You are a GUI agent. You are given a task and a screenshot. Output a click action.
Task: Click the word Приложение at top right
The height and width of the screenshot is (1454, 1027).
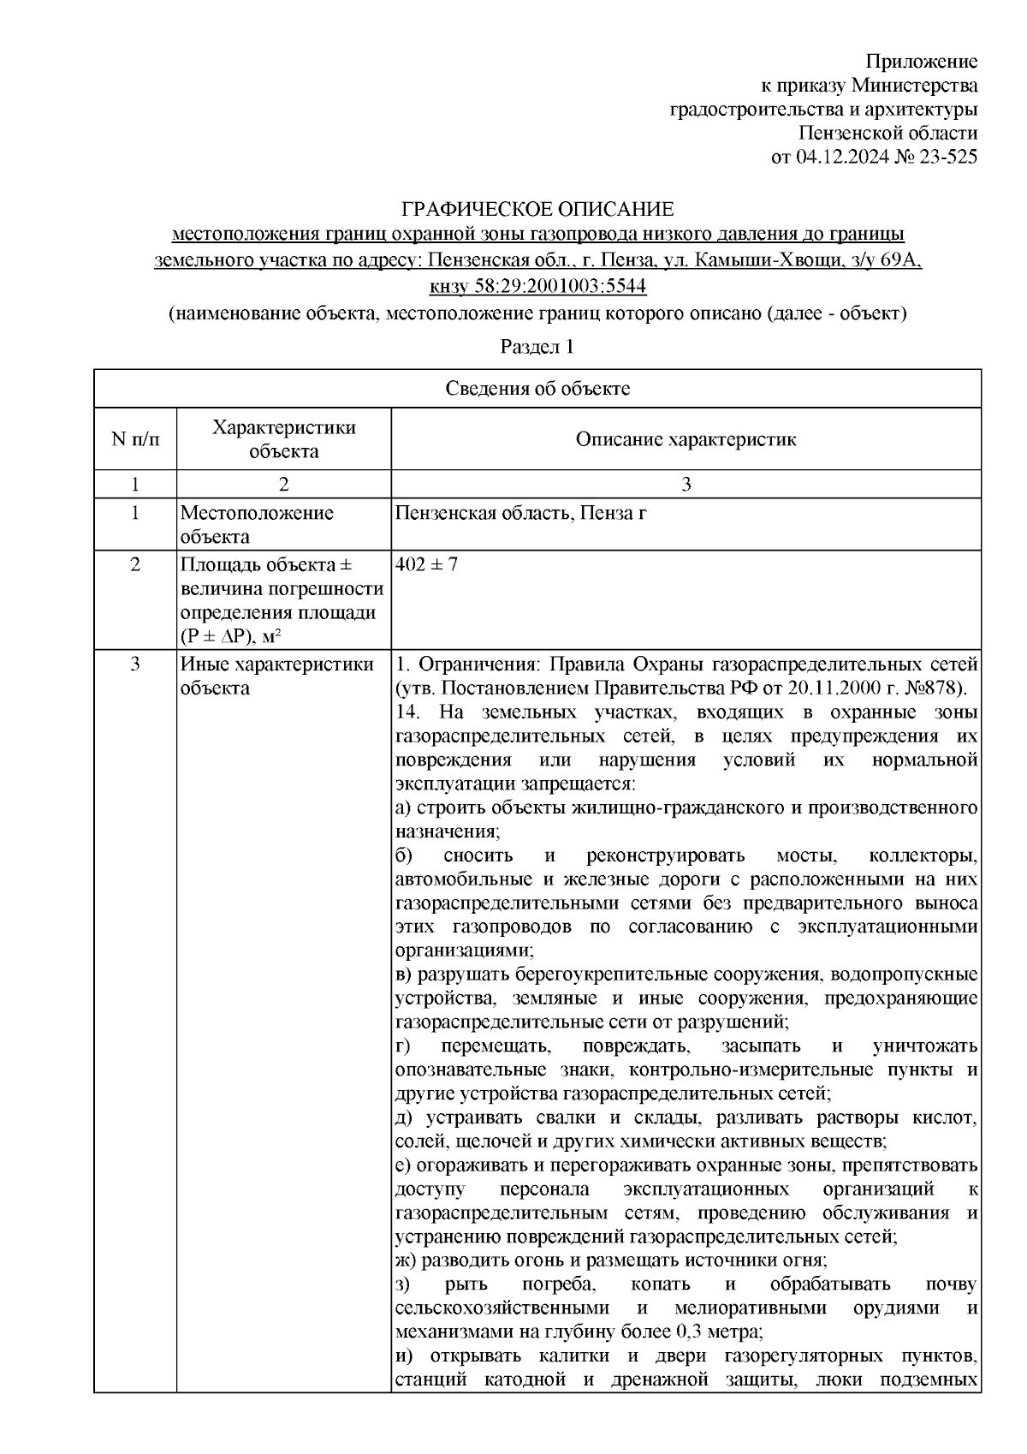pos(922,62)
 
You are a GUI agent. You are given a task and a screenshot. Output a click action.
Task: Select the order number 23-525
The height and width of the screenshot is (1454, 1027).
pos(947,157)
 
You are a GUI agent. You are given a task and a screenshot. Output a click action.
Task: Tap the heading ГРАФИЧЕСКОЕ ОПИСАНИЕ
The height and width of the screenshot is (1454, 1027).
pos(538,210)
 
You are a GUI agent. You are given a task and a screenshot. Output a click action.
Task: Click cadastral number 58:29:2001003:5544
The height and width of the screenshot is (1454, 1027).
pos(550,285)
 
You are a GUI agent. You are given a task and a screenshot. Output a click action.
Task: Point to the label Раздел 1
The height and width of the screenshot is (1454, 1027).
pos(537,347)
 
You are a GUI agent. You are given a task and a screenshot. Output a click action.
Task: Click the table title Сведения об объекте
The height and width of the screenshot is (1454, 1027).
pos(537,389)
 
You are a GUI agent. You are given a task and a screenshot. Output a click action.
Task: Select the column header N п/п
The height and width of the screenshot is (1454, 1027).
pos(134,439)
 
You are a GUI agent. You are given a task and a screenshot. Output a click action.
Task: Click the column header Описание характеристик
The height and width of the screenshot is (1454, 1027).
pos(686,439)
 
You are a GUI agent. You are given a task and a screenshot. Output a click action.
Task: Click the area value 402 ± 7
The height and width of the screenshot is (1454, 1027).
pos(426,565)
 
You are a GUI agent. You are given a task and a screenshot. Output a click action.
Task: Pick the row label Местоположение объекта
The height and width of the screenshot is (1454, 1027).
pos(257,525)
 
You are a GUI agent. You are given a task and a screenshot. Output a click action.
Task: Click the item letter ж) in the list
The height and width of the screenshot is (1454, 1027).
pos(405,1260)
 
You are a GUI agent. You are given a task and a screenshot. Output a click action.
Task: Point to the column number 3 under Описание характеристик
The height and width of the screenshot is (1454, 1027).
pos(686,485)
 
